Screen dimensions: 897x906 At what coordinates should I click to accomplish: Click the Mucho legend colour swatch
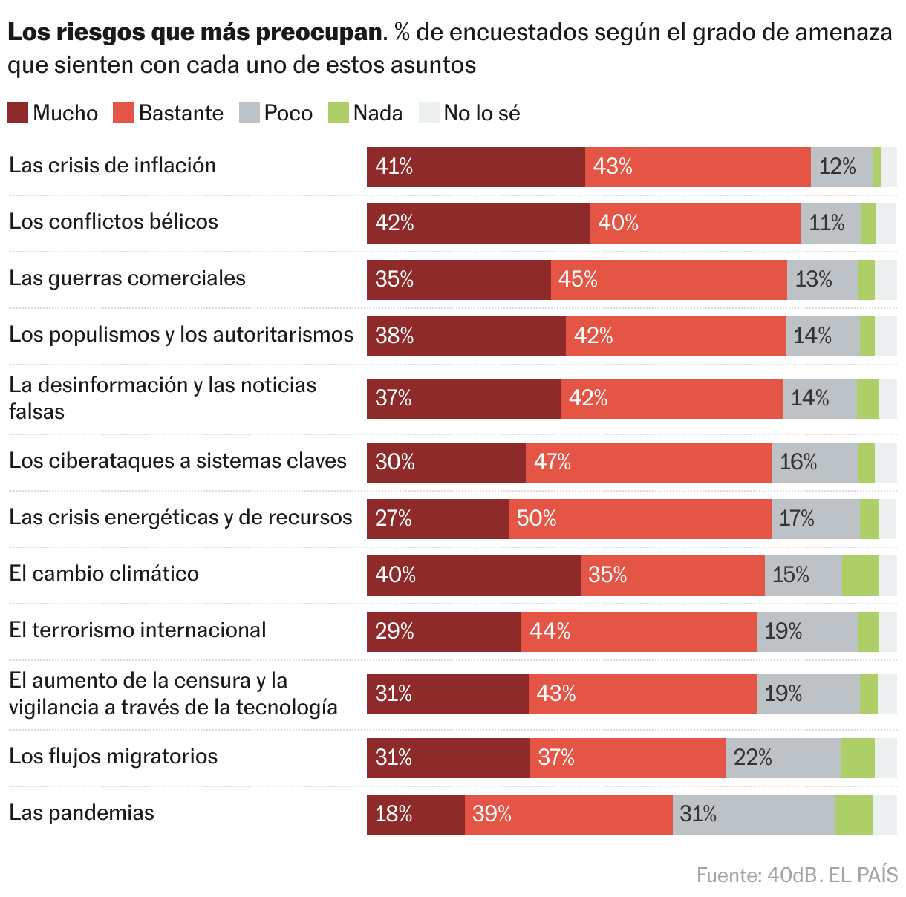click(x=18, y=113)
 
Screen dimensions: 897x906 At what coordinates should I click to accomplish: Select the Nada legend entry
click(x=365, y=113)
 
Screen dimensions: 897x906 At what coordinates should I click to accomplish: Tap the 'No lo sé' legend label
click(x=481, y=113)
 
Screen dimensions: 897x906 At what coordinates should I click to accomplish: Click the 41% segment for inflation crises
click(x=475, y=167)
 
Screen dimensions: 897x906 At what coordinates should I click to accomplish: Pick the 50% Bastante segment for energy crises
click(x=640, y=519)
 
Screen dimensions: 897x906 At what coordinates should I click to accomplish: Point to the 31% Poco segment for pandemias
click(x=753, y=815)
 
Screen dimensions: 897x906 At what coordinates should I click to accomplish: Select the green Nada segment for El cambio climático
click(x=860, y=575)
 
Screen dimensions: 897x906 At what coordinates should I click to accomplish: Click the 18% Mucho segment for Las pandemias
click(x=415, y=815)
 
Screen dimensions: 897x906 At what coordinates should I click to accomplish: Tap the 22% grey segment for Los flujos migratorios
click(x=783, y=758)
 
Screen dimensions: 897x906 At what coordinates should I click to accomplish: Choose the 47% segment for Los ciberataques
click(x=648, y=463)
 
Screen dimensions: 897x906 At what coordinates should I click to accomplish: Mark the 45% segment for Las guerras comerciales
click(x=668, y=280)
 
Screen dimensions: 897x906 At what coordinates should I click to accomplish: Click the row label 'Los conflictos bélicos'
click(x=114, y=221)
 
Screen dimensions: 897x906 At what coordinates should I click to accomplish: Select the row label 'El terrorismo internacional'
click(x=137, y=630)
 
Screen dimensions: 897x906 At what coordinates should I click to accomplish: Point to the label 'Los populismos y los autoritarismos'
click(x=181, y=334)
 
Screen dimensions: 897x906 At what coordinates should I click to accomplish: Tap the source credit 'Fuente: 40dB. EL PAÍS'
click(x=797, y=875)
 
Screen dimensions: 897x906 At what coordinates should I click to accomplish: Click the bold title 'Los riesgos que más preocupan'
click(x=195, y=33)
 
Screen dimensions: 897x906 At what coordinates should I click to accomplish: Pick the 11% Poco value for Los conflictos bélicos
click(x=830, y=224)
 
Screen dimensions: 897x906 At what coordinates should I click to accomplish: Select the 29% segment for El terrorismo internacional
click(x=443, y=632)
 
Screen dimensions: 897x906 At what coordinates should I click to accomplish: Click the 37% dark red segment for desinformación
click(x=463, y=399)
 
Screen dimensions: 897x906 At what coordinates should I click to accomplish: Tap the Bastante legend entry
click(x=169, y=113)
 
